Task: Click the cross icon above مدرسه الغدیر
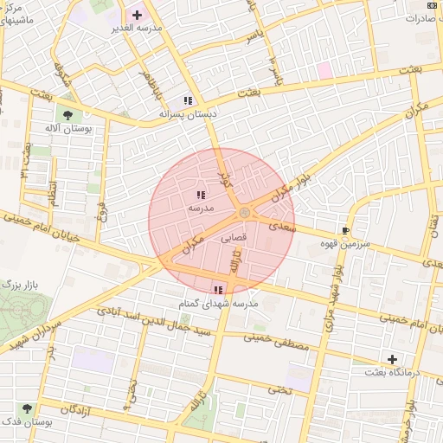click(137, 15)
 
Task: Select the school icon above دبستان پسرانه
click(189, 100)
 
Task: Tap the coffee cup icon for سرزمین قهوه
click(346, 231)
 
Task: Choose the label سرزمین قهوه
click(346, 245)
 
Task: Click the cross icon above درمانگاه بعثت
click(393, 358)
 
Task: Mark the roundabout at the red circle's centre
click(245, 212)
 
